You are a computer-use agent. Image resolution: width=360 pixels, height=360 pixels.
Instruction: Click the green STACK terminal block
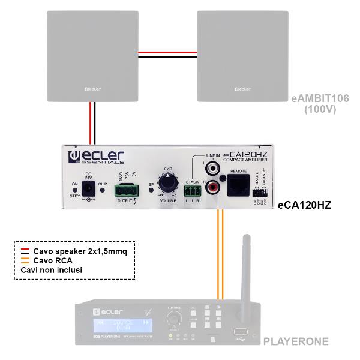(x=192, y=190)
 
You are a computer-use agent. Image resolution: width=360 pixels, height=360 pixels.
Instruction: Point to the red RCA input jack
(x=212, y=188)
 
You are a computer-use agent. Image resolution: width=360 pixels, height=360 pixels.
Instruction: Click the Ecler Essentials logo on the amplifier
(x=97, y=158)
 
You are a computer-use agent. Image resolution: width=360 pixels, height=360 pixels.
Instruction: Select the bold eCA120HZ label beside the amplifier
(x=304, y=205)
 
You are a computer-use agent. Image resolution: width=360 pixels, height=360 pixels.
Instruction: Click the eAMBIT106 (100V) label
(x=319, y=103)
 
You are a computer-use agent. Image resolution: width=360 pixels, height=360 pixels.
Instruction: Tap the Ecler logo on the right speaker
(x=239, y=89)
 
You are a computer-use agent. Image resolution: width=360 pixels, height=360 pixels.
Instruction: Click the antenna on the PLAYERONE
(x=245, y=270)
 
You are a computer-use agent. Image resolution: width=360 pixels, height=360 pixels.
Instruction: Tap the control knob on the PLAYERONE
(x=173, y=319)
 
